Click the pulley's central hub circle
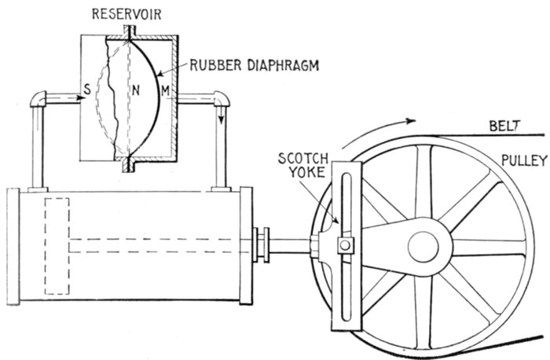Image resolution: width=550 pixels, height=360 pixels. (426, 240)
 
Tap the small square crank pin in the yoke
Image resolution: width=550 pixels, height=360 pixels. (343, 248)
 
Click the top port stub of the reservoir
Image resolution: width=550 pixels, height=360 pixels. (128, 31)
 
